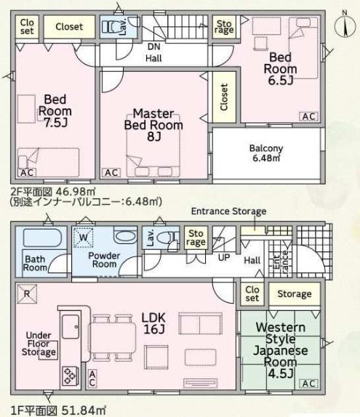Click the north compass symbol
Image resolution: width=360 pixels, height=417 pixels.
pos(345,25)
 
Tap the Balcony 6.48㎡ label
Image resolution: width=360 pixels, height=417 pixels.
pos(266,153)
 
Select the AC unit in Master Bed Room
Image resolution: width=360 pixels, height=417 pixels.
pos(111,173)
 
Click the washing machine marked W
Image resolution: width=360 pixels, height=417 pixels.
pos(84,238)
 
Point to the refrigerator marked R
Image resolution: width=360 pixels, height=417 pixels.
pos(27,293)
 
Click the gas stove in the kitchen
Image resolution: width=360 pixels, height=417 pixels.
pos(71,376)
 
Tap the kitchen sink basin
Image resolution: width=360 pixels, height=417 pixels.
pos(71,326)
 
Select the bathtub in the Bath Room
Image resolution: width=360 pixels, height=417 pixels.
pos(42,238)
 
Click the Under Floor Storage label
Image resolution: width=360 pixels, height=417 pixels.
pos(39,344)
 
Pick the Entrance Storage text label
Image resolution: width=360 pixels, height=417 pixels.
pos(229,211)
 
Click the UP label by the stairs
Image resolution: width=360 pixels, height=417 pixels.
pos(224,257)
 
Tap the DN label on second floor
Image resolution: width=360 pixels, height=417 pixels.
pos(154,46)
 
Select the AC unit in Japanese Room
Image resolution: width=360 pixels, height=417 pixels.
pos(309,384)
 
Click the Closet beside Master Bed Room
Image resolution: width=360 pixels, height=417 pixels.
pos(224,97)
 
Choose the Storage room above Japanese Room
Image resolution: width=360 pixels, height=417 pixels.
pos(295,293)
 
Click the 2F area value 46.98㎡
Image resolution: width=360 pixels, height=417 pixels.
pos(75,192)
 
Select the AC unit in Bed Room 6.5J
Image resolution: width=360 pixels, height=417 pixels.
pos(309,116)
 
